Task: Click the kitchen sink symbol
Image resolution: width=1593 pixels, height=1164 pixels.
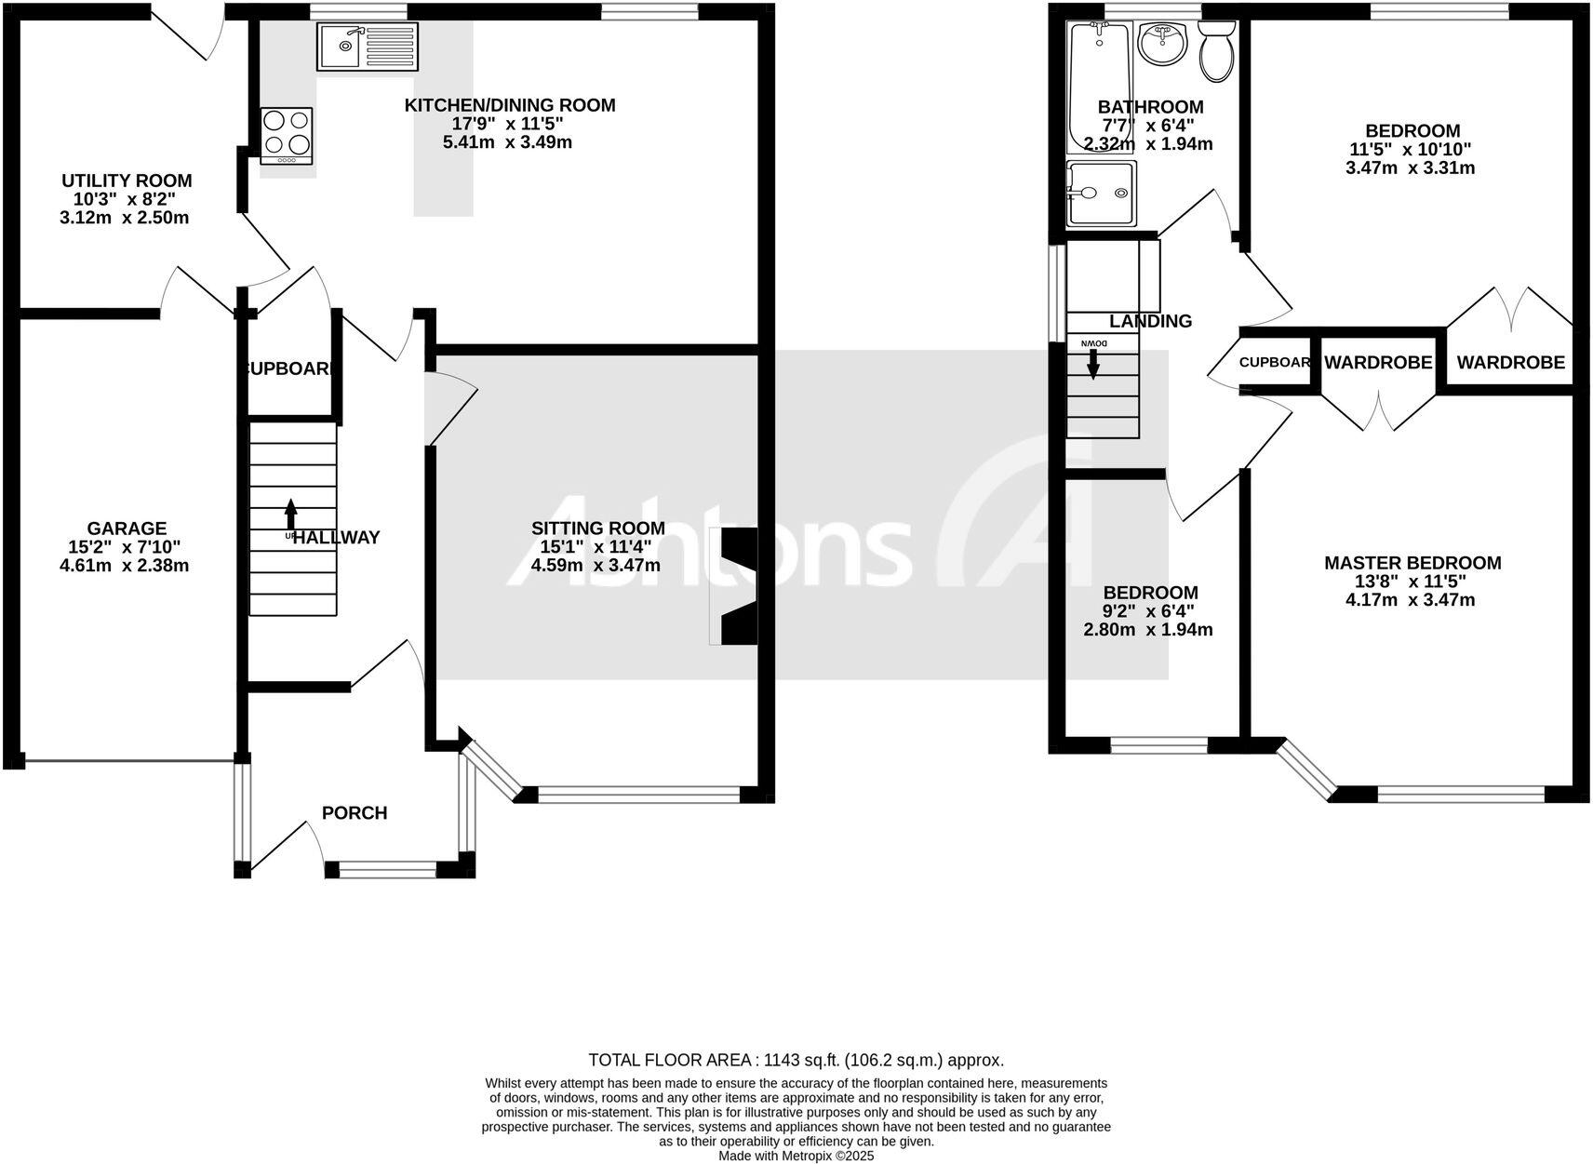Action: (368, 47)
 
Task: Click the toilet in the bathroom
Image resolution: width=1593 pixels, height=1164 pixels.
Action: (1216, 53)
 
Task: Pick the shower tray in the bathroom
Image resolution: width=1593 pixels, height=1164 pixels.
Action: (1102, 193)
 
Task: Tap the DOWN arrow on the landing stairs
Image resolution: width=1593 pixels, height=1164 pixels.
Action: (1093, 362)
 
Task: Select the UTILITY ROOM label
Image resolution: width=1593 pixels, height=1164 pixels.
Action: (127, 181)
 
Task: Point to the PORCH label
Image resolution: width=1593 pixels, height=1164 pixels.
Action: (354, 813)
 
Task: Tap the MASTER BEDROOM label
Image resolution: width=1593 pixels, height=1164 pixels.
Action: (1412, 563)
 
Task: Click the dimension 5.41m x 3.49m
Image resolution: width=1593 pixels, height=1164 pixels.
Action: (507, 142)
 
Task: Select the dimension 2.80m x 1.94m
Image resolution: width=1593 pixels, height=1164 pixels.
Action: (1148, 630)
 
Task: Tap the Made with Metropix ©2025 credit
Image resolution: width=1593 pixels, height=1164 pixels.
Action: (796, 1157)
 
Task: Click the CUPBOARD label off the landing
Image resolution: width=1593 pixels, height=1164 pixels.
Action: (1275, 363)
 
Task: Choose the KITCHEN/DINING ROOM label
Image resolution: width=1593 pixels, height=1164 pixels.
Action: (509, 105)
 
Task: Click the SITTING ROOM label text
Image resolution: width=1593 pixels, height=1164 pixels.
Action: (597, 528)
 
